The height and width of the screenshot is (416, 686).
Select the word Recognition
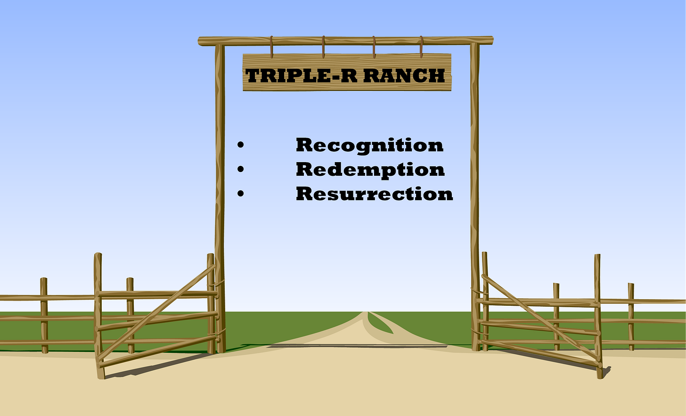pyautogui.click(x=369, y=145)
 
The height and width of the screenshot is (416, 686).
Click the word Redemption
pyautogui.click(x=370, y=170)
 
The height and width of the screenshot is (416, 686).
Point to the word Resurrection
pyautogui.click(x=374, y=194)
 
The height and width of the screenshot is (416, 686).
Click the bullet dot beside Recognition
pyautogui.click(x=241, y=145)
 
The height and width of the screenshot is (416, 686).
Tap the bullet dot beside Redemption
pyautogui.click(x=241, y=169)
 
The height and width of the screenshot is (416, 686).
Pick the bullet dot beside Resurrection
pyautogui.click(x=241, y=193)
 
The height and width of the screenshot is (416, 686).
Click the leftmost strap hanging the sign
pyautogui.click(x=272, y=47)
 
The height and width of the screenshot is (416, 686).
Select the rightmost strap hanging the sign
pyautogui.click(x=421, y=47)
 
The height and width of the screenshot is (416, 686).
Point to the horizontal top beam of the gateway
pyautogui.click(x=345, y=41)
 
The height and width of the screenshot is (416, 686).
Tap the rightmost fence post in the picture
pyautogui.click(x=631, y=316)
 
